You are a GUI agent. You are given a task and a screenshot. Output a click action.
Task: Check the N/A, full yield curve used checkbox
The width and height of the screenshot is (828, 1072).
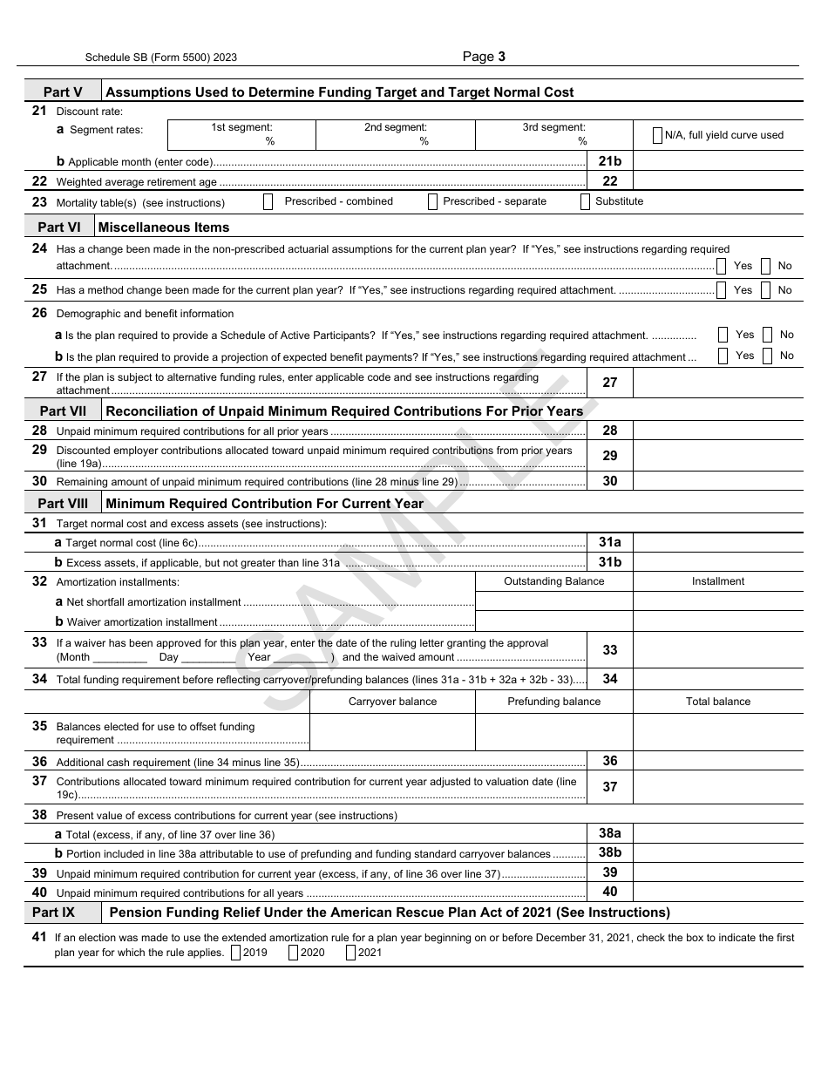click(657, 135)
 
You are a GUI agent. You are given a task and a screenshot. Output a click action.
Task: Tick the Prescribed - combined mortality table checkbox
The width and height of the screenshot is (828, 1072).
click(268, 202)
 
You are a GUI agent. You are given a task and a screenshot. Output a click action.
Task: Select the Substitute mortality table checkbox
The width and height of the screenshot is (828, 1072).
click(587, 202)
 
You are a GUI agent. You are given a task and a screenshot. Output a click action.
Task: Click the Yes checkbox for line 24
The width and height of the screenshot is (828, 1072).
click(722, 266)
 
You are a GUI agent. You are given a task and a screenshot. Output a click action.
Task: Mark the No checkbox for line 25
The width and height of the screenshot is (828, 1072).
click(765, 290)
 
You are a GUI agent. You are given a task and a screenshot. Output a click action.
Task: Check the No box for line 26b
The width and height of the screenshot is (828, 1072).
click(767, 356)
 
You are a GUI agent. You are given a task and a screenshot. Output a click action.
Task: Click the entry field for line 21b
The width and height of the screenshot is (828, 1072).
click(717, 161)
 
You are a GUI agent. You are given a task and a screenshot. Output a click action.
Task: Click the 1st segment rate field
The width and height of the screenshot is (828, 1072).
click(241, 135)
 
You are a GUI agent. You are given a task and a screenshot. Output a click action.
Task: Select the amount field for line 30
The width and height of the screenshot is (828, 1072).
click(717, 481)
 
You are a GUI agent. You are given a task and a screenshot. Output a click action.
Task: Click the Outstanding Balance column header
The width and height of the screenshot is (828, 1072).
click(553, 581)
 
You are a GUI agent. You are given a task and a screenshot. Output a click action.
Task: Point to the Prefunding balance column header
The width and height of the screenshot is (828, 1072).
click(553, 702)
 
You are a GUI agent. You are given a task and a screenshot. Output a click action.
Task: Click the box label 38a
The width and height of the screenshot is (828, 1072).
click(609, 834)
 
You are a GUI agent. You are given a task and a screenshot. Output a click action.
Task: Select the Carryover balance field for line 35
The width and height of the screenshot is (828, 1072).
click(392, 732)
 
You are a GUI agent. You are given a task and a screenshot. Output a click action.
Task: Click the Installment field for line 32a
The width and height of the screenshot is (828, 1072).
click(717, 601)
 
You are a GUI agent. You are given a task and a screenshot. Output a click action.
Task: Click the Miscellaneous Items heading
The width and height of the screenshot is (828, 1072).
click(163, 227)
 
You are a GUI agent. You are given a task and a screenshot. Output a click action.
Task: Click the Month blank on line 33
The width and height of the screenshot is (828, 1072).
click(119, 658)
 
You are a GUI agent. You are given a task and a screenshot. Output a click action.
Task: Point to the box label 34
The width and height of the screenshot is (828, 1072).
click(609, 679)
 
